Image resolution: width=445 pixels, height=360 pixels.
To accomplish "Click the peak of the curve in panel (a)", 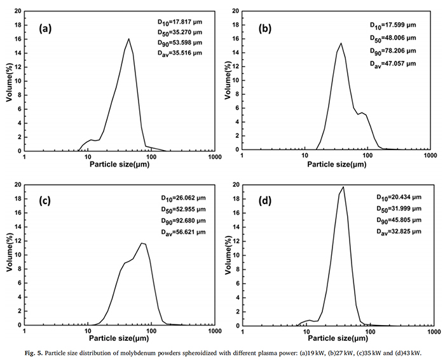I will click(128, 39).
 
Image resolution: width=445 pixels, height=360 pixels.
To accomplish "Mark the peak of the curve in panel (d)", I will click(343, 187).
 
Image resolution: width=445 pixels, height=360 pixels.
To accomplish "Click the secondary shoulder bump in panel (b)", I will click(362, 113).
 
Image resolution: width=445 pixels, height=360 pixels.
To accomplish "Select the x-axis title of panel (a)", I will click(120, 165).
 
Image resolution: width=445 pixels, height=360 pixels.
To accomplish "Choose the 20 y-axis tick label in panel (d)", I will click(235, 185).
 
